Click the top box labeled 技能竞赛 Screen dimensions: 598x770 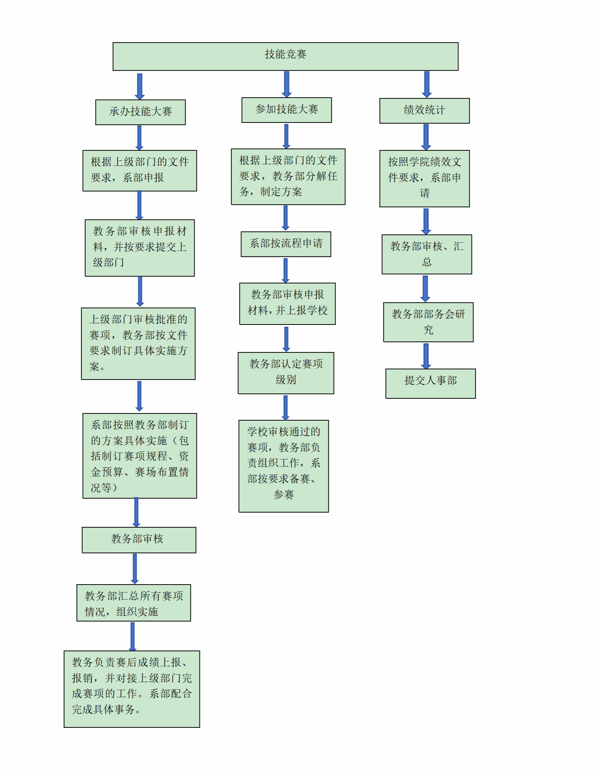tap(285, 57)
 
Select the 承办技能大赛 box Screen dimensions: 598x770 tap(140, 112)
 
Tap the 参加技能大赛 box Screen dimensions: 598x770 tap(287, 110)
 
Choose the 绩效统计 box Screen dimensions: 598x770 tap(425, 111)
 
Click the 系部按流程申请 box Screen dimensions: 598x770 tap(286, 244)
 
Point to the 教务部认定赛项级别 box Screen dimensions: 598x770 tap(286, 373)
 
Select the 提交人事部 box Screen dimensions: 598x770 tap(431, 383)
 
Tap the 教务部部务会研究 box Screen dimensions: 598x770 tap(428, 322)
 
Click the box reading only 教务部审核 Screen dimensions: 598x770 tap(139, 540)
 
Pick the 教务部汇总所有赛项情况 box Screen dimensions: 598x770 tap(134, 603)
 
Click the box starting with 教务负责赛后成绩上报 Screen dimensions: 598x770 tap(132, 689)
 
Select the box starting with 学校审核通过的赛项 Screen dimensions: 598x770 tap(284, 466)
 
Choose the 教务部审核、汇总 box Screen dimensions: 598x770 tap(427, 254)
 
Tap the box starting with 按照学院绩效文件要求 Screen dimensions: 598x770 tap(425, 179)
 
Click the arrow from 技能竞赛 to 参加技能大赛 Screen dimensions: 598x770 tap(287, 84)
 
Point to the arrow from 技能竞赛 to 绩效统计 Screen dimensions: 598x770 tap(427, 84)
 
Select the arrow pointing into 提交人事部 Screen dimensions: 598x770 tap(426, 356)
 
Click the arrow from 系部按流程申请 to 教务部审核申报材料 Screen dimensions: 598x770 tap(286, 270)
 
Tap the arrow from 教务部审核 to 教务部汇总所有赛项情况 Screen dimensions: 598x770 tap(135, 569)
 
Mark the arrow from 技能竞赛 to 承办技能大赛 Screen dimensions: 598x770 tap(140, 86)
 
